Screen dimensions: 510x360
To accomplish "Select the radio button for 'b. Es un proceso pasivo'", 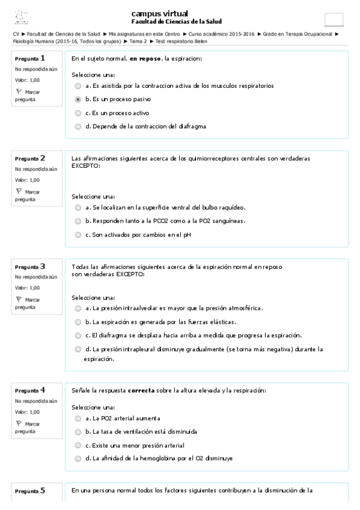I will [78, 99].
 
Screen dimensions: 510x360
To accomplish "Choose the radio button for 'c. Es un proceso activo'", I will [78, 113].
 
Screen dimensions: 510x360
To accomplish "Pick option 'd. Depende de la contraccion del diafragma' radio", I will [78, 126].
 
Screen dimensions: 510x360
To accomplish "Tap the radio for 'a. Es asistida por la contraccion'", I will [78, 86].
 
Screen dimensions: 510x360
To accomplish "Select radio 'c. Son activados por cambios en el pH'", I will [78, 235].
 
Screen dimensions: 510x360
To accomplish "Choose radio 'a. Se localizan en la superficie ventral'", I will [78, 207].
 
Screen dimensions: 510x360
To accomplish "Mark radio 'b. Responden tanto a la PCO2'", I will [78, 221].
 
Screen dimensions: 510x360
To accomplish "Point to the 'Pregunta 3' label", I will [30, 266].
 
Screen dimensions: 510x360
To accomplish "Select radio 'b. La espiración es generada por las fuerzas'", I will [78, 322].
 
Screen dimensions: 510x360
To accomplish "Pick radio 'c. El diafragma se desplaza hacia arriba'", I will [78, 335].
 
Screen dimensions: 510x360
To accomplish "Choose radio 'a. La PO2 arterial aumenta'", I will [78, 418].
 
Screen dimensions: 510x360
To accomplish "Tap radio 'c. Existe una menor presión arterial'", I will [78, 445].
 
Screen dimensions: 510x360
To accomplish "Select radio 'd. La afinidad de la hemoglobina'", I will [78, 458].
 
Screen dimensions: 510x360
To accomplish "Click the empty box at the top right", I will [334, 19].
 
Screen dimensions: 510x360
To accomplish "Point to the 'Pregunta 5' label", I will [30, 491].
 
